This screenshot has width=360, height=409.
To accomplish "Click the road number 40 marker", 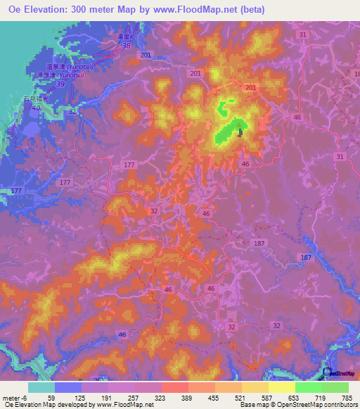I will tap(36, 108).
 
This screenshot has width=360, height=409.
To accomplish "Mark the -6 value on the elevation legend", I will tap(23, 398).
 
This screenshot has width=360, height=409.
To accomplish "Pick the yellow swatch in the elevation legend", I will tap(281, 387).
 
